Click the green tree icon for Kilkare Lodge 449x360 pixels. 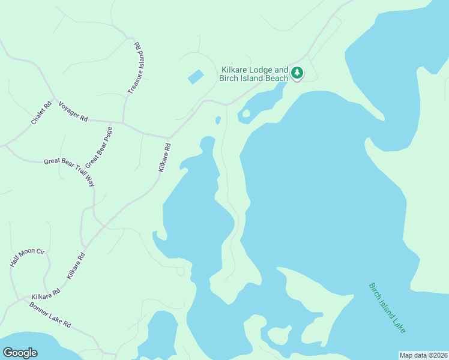(x=297, y=73)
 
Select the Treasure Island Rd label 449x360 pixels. (x=137, y=67)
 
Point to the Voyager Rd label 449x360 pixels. (x=73, y=112)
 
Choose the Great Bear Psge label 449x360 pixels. (x=99, y=147)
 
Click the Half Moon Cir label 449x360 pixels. (x=28, y=257)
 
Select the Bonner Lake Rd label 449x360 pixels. (x=50, y=315)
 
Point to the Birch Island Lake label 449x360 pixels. (x=387, y=308)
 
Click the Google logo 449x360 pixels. (x=20, y=352)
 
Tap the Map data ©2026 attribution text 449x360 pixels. (x=423, y=355)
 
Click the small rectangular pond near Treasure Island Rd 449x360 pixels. (x=196, y=77)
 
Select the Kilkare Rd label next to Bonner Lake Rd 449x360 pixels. (x=46, y=294)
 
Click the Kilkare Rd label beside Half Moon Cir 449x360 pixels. (x=76, y=266)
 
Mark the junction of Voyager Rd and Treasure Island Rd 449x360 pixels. (x=124, y=123)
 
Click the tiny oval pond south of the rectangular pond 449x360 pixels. (x=218, y=120)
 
